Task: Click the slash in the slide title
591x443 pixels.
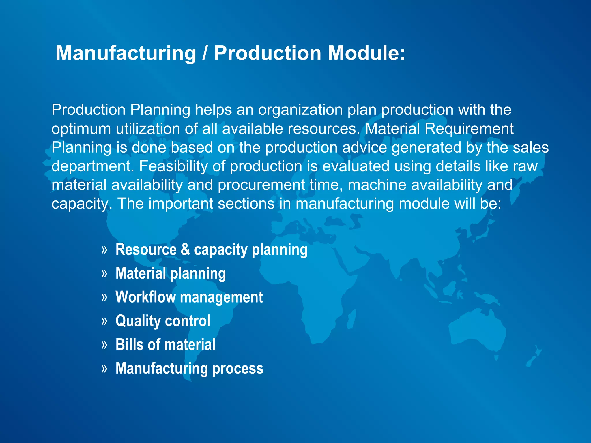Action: click(x=205, y=53)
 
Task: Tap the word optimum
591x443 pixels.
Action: click(x=81, y=129)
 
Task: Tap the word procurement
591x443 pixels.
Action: click(x=261, y=185)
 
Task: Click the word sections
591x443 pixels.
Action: click(x=246, y=204)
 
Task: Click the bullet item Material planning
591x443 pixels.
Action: click(x=171, y=273)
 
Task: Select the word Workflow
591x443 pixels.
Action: click(x=145, y=297)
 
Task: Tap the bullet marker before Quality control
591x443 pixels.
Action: click(x=104, y=321)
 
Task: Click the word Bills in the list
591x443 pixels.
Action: click(x=129, y=344)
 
